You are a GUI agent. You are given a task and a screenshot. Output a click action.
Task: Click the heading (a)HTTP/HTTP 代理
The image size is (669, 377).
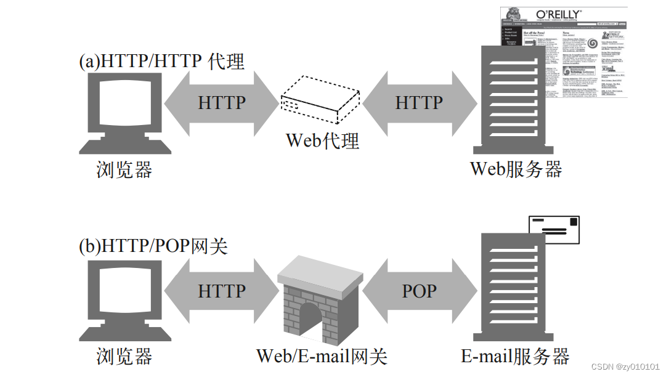tap(161, 61)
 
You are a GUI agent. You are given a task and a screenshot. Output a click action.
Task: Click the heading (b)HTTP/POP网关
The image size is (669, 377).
tap(153, 246)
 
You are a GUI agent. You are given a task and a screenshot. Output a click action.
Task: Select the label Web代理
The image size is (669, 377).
tap(322, 141)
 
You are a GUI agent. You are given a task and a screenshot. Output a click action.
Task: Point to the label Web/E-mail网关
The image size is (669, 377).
tap(322, 355)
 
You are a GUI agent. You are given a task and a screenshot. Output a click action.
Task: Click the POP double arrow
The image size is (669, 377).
tap(420, 291)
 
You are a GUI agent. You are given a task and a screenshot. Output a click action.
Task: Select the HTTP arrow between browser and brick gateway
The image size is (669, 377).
tap(222, 291)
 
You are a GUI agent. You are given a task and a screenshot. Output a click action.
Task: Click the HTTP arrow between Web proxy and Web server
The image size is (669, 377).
tap(420, 102)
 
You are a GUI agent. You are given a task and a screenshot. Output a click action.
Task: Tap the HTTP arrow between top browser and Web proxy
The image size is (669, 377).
tap(222, 102)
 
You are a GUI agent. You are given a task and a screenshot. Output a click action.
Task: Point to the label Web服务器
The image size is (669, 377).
tap(516, 169)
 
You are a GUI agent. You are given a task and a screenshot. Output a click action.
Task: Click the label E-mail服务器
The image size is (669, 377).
tap(515, 356)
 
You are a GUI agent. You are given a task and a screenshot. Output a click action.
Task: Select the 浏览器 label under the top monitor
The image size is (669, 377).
tap(124, 169)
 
